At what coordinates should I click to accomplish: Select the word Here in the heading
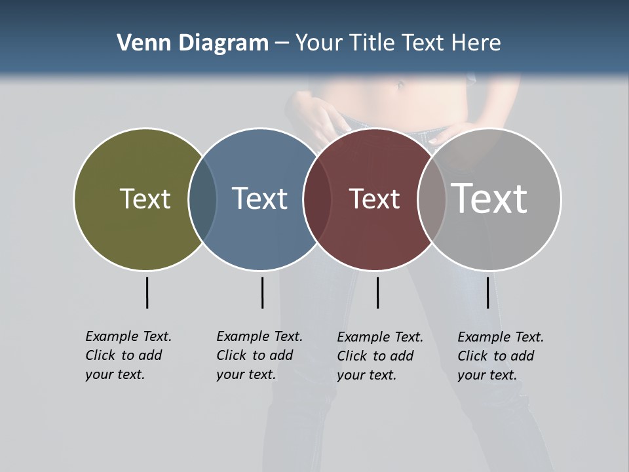[x=476, y=43]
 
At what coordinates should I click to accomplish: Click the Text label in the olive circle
[x=145, y=199]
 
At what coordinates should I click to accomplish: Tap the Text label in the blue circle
[x=259, y=199]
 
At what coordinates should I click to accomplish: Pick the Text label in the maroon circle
[x=374, y=199]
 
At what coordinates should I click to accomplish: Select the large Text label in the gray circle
[x=489, y=198]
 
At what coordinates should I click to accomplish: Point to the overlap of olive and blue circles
[x=202, y=199]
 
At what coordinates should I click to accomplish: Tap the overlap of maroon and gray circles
[x=431, y=199]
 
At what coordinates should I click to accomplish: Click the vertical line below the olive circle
[x=147, y=292]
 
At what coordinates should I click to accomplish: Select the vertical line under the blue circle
[x=262, y=292]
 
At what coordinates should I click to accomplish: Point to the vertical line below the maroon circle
[x=377, y=292]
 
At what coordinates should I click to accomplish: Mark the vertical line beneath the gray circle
[x=487, y=292]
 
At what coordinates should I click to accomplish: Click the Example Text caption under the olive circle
[x=128, y=355]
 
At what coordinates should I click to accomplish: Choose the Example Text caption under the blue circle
[x=259, y=355]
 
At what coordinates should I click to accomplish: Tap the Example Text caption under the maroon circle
[x=380, y=356]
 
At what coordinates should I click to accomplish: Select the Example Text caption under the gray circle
[x=501, y=356]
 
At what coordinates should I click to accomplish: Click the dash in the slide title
[x=282, y=44]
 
